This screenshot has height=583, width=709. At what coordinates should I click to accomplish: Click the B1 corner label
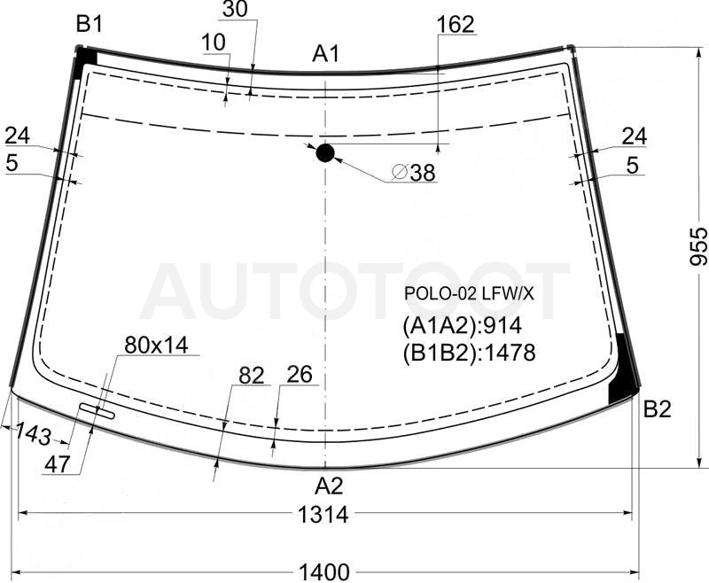pyautogui.click(x=90, y=24)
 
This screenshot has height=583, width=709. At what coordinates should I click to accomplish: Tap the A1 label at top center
pyautogui.click(x=325, y=54)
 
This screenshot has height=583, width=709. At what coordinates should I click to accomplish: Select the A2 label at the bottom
pyautogui.click(x=329, y=486)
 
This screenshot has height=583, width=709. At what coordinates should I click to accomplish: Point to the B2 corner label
pyautogui.click(x=657, y=409)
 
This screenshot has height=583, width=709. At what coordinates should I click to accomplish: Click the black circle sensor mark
pyautogui.click(x=325, y=153)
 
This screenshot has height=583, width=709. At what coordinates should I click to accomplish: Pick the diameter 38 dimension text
pyautogui.click(x=414, y=172)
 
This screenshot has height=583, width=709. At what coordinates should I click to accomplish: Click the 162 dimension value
pyautogui.click(x=456, y=25)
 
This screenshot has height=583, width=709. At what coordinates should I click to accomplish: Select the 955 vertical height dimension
pyautogui.click(x=698, y=247)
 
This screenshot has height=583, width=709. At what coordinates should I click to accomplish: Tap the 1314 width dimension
pyautogui.click(x=323, y=514)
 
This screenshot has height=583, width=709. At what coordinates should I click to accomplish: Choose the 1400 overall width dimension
pyautogui.click(x=324, y=572)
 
